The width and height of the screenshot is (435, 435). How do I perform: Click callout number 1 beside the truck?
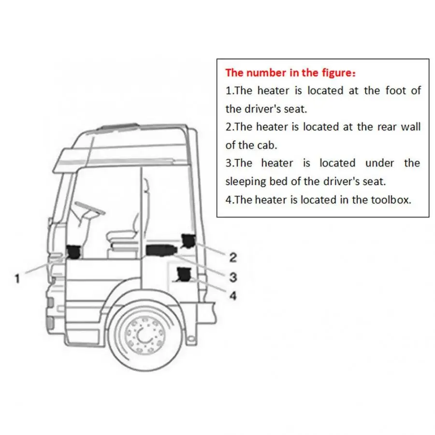pos(17,278)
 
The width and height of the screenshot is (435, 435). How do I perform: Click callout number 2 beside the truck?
pos(233,257)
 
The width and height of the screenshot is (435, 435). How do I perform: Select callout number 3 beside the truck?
pos(233,276)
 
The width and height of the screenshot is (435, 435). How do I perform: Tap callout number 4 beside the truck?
pos(233,295)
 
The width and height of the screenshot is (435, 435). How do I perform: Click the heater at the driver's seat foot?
pos(73,251)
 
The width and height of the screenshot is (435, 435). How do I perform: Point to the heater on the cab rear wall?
pos(188,239)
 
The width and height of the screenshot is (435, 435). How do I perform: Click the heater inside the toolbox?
pos(184,274)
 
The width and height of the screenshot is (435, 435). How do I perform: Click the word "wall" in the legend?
pos(411,127)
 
